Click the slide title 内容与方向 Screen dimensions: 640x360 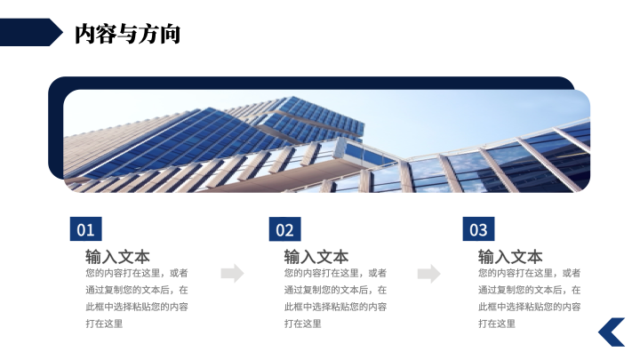[x=127, y=34]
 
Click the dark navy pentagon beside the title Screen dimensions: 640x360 [x=30, y=32]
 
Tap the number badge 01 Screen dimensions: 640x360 [x=85, y=229]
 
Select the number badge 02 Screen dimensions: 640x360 [x=285, y=229]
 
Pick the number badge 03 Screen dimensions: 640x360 [x=478, y=229]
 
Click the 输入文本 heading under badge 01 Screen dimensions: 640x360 [x=117, y=257]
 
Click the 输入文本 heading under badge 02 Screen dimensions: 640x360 [x=316, y=257]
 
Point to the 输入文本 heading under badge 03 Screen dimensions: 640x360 [x=510, y=257]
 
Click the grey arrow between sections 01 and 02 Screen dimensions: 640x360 [x=233, y=273]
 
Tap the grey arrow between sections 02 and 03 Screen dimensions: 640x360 [x=429, y=273]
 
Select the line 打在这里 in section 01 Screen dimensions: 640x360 [x=104, y=324]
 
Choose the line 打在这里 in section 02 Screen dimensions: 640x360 [x=303, y=324]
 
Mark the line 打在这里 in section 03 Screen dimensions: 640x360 [x=497, y=324]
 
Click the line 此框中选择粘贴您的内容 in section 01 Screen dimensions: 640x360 [x=137, y=307]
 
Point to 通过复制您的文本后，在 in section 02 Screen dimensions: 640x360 [x=335, y=290]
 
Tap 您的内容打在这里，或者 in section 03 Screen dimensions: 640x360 [x=530, y=273]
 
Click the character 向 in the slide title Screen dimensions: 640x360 [x=170, y=34]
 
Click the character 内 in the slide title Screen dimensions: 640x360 [x=85, y=34]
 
